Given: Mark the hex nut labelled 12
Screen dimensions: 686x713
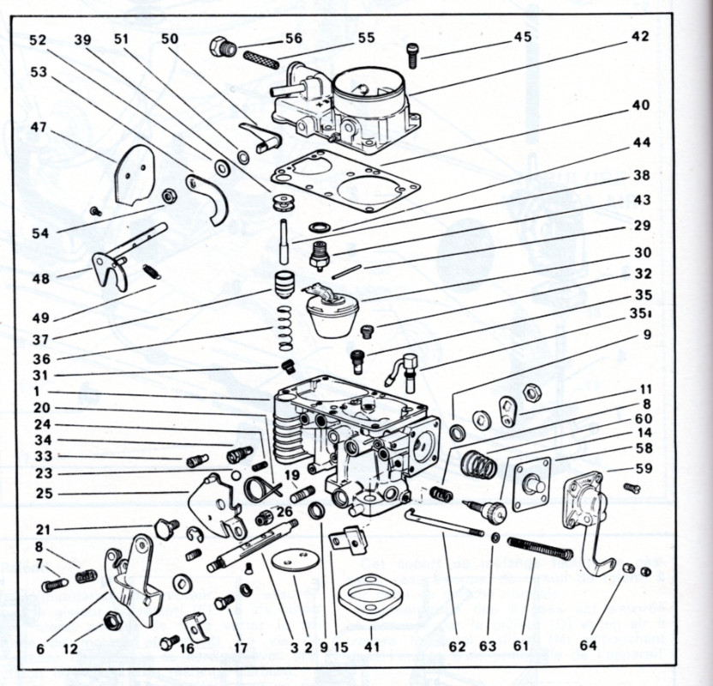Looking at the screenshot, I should click(111, 619).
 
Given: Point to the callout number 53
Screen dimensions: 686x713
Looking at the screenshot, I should click(38, 72).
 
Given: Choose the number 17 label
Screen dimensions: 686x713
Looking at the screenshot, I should click(241, 648).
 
